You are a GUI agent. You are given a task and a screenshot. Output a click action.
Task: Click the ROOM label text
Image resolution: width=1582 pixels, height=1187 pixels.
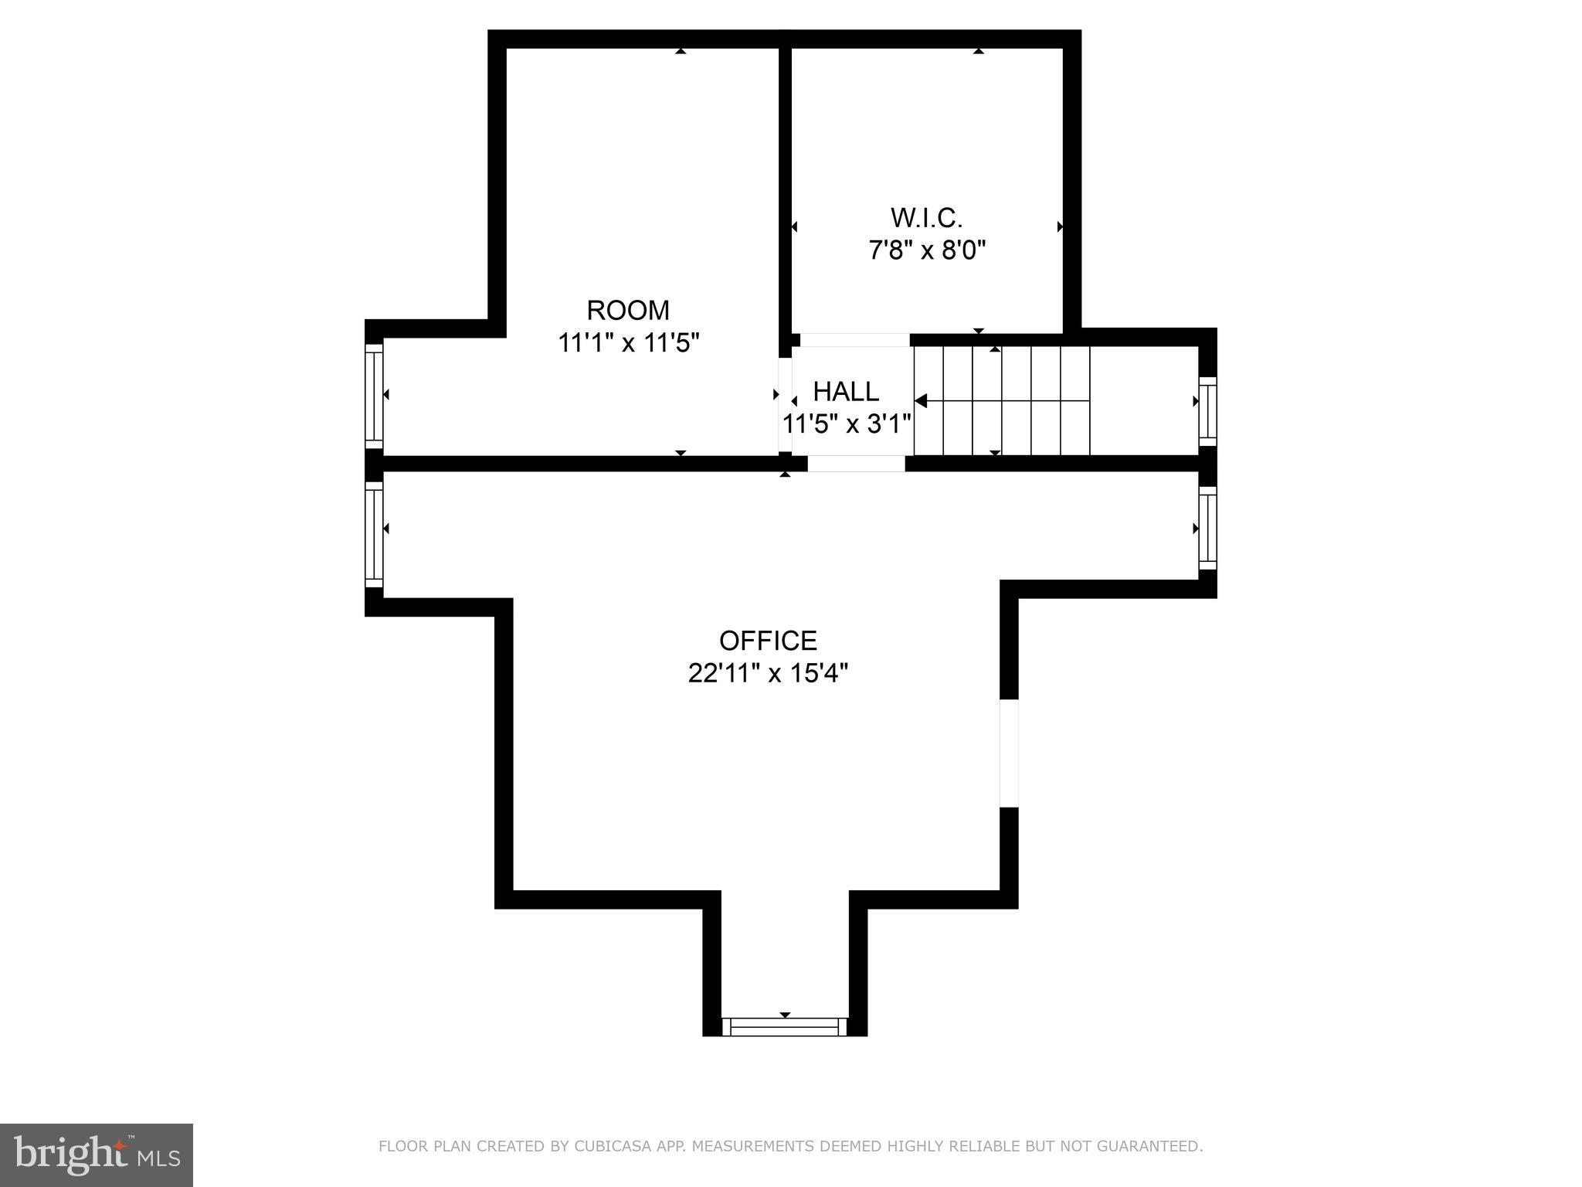pos(628,310)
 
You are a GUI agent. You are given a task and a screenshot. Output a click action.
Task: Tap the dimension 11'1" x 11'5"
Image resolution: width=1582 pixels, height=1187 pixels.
pos(628,342)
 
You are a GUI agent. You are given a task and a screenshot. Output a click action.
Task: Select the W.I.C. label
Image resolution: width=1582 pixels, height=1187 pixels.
pos(926,218)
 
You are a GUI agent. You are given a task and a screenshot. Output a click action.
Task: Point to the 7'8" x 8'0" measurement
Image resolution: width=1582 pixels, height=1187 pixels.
pos(927,250)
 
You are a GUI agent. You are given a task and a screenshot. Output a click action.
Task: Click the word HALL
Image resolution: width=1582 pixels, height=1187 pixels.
pos(846,392)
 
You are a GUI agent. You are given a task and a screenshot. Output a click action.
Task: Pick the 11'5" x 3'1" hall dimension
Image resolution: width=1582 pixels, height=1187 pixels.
pos(847,424)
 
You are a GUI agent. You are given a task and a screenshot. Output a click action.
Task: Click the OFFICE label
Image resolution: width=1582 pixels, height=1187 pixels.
pos(768,641)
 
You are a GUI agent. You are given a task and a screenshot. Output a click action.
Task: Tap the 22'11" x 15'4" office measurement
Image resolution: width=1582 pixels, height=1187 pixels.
pos(768,674)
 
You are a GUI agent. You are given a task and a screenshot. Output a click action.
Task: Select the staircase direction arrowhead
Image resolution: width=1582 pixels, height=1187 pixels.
pos(921,400)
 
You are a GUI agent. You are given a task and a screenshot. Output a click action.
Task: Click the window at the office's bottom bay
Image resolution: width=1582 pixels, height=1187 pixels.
pos(784,1027)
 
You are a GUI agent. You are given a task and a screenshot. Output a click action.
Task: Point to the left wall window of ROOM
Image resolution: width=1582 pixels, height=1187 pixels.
pos(374,395)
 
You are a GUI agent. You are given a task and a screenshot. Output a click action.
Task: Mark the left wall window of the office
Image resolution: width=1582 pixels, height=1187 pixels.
pos(374,535)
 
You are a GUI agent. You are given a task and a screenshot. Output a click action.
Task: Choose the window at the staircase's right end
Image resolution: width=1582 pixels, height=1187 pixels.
pos(1207,411)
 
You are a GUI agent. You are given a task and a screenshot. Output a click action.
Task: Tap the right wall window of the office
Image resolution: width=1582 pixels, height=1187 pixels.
pos(1207,529)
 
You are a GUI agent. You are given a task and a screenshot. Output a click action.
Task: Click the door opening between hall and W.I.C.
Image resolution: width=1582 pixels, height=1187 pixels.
pos(854,340)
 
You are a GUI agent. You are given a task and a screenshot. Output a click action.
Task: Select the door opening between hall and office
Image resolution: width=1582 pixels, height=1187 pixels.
pos(856,464)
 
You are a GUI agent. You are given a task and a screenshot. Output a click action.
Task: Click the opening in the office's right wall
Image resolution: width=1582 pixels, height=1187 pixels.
pos(1009,753)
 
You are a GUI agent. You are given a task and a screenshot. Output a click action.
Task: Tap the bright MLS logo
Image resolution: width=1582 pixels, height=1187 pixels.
pos(97,1155)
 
